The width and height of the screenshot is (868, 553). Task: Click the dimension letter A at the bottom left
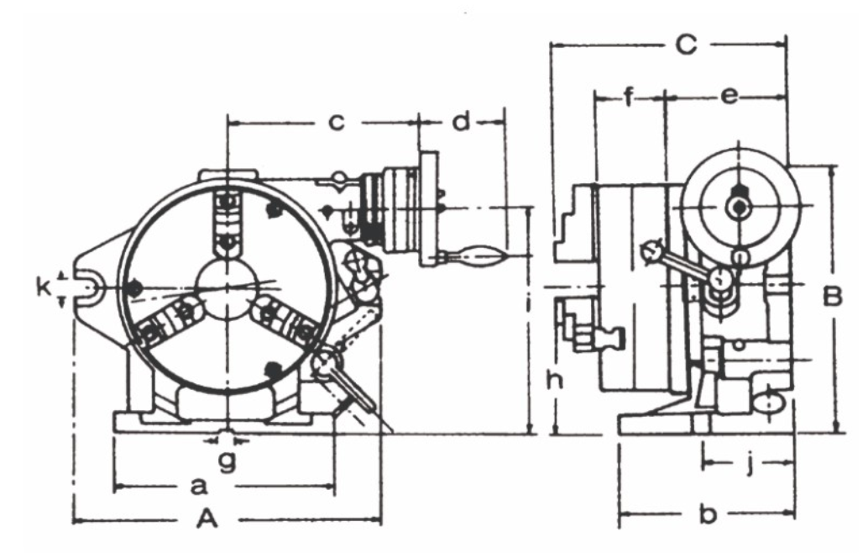(207, 521)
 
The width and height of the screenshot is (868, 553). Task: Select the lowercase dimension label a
(198, 486)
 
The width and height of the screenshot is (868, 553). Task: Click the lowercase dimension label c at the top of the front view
(336, 123)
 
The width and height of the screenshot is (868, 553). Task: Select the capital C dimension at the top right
(687, 45)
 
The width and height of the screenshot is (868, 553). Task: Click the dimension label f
(629, 97)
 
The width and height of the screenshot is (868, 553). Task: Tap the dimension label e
(729, 97)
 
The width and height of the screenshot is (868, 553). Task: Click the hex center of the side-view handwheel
(737, 205)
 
